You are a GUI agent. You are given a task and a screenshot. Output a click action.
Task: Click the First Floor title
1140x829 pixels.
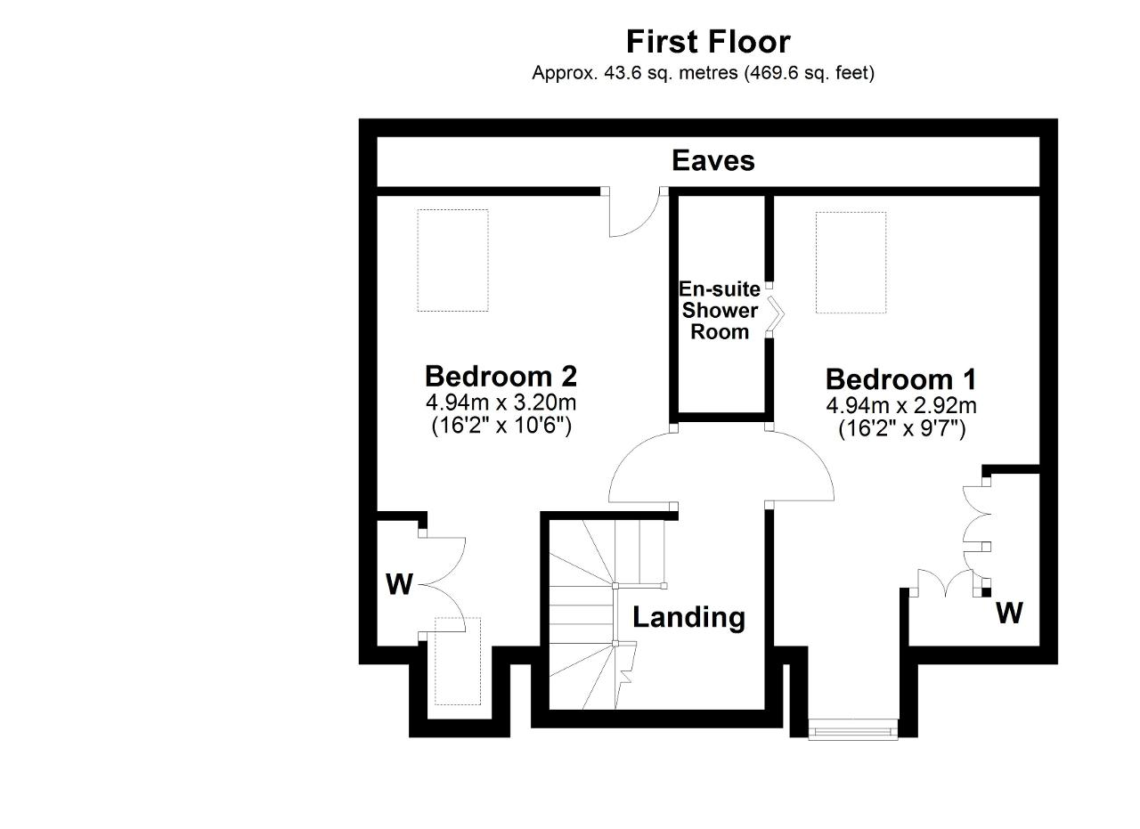(708, 42)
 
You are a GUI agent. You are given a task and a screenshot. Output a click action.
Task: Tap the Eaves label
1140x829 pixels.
(713, 161)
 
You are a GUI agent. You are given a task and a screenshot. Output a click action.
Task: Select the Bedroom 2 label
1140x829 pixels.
(501, 376)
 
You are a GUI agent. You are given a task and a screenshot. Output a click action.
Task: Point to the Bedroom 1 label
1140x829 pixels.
(901, 379)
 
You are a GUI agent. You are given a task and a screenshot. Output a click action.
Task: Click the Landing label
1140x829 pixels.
(688, 617)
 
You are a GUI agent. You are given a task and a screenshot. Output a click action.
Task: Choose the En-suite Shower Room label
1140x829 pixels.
(720, 311)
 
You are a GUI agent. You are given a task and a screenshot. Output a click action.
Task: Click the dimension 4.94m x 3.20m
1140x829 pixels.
(501, 402)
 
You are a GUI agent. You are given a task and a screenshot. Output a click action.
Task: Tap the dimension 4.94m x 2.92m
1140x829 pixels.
(901, 405)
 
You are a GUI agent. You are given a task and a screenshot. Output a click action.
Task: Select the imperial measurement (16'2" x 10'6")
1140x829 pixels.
(501, 426)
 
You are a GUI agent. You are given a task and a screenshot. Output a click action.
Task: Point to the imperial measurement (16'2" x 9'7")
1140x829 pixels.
(902, 428)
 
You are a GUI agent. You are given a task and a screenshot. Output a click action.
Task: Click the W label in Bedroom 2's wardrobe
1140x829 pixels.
(400, 584)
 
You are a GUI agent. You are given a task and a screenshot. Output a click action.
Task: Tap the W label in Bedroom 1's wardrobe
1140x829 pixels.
(1010, 614)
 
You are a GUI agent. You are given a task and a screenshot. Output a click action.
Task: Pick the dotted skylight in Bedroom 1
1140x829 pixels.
(851, 263)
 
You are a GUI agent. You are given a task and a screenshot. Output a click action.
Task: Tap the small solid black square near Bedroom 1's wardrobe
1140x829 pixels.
(986, 592)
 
